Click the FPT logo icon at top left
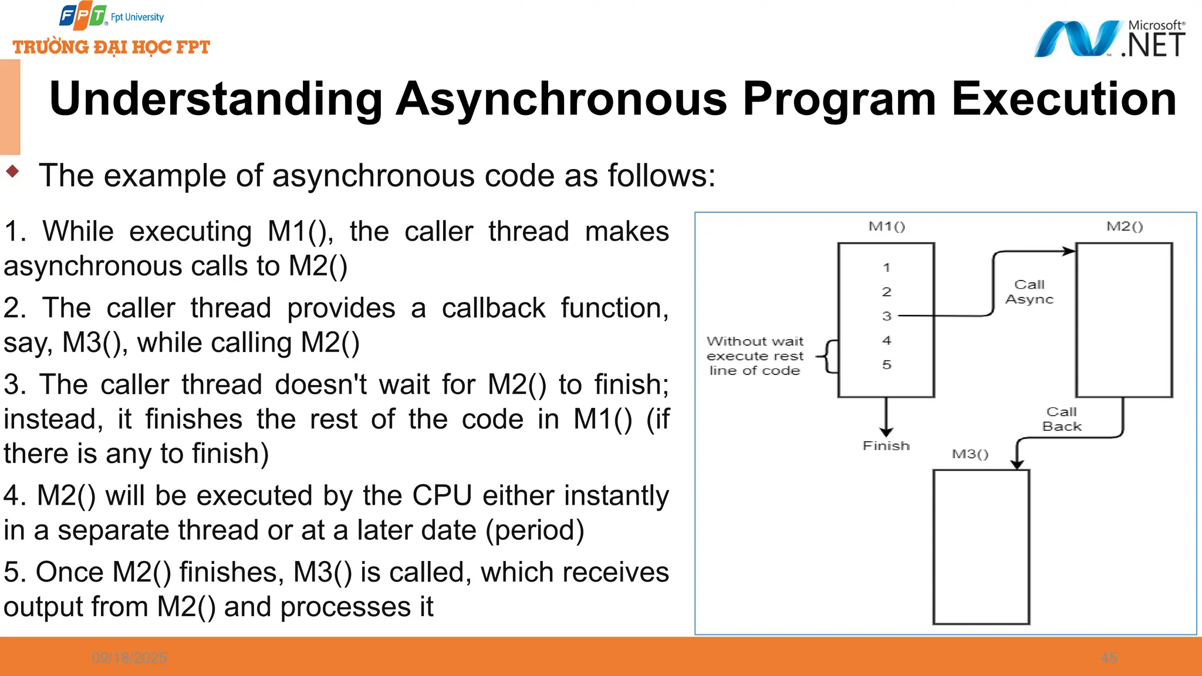click(x=83, y=16)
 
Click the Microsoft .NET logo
click(x=1109, y=39)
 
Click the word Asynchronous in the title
click(x=562, y=99)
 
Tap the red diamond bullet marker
click(x=12, y=171)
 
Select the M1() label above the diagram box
click(x=886, y=227)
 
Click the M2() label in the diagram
click(x=1124, y=227)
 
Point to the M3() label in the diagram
click(x=970, y=454)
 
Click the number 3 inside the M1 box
click(x=886, y=316)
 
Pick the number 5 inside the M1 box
click(x=886, y=364)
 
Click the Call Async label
click(x=1029, y=292)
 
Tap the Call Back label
click(x=1061, y=419)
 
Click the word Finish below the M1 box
click(x=886, y=446)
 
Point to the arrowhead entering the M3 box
click(x=1017, y=464)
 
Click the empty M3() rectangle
click(x=981, y=546)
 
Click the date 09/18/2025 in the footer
click(x=129, y=658)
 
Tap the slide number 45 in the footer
click(x=1109, y=658)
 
